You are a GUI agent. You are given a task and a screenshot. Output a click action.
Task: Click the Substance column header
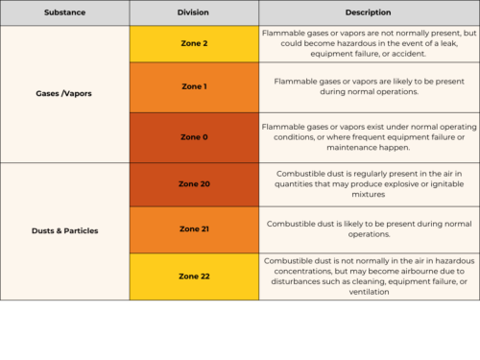64,12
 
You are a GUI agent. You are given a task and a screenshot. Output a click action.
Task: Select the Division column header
193,12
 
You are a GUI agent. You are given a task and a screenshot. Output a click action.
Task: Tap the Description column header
368,12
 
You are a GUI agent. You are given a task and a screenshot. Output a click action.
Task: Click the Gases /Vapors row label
64,93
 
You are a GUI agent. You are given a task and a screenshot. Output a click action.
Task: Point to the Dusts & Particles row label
64,230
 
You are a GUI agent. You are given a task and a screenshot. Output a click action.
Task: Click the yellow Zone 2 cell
193,43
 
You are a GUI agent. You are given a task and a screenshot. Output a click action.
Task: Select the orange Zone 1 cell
193,87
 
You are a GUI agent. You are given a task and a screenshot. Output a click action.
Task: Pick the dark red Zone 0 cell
193,137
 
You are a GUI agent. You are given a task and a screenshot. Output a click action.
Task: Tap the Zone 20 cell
193,183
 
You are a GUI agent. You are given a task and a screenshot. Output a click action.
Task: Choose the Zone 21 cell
193,228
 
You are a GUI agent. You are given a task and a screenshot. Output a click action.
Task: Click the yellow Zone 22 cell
193,276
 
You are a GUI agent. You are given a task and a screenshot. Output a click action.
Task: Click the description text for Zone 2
368,43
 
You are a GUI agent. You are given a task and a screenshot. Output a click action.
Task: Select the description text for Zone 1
368,87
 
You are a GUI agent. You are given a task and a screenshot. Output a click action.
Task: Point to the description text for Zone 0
368,137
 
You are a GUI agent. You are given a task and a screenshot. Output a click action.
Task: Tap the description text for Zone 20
368,183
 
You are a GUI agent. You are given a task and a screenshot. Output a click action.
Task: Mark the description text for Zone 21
368,228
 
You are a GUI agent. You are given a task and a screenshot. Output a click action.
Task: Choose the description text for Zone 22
368,276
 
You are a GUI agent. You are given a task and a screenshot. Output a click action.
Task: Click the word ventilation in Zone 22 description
369,292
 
